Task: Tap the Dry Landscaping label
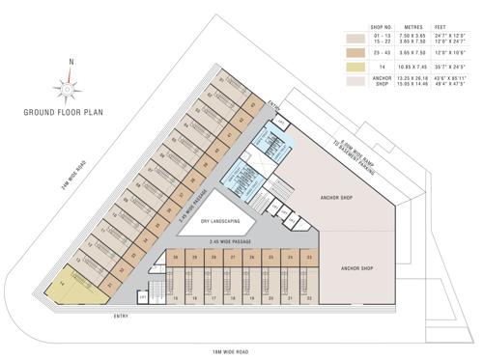(219, 222)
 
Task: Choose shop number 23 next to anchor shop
(308, 259)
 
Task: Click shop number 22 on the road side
(308, 299)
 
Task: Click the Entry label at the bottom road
(121, 316)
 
